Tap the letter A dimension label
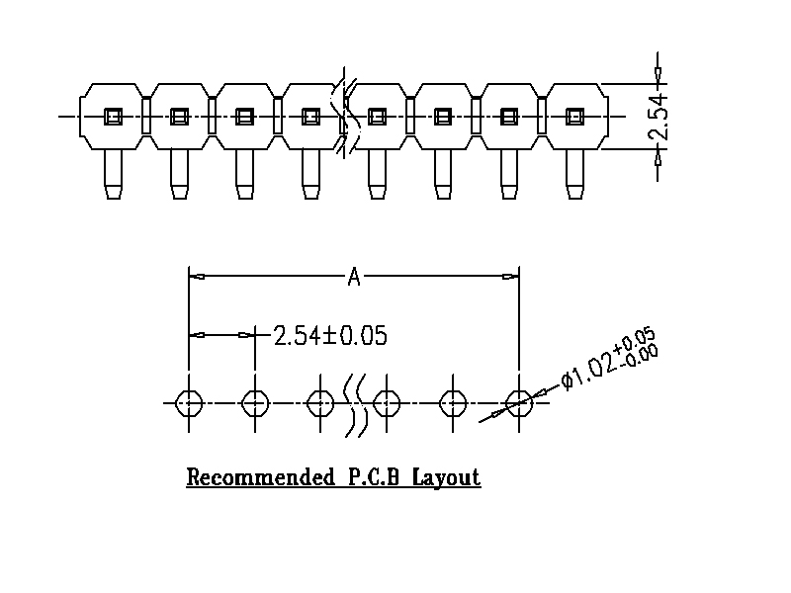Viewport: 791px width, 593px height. (x=353, y=278)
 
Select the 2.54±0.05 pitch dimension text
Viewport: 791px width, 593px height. (x=329, y=335)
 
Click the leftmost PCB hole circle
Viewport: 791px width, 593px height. (x=188, y=403)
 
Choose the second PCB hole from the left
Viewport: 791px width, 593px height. (x=254, y=403)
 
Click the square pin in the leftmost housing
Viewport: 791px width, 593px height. (x=113, y=117)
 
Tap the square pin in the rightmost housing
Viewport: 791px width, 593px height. (x=573, y=117)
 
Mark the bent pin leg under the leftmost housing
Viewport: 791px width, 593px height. (x=113, y=174)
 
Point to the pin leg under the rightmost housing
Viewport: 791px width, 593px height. (x=573, y=174)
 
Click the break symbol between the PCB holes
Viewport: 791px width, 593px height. (x=355, y=403)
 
